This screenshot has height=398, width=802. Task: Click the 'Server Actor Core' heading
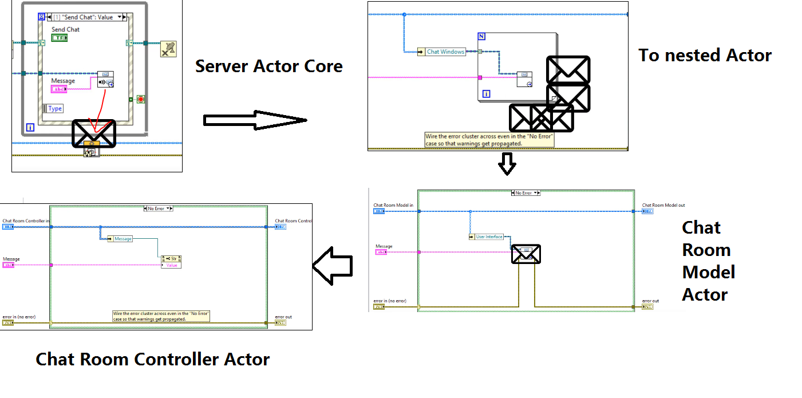268,66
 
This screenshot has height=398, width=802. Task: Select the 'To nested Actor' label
705,55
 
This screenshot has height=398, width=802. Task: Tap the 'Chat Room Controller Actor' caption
152,359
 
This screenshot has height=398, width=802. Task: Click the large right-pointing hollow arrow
255,120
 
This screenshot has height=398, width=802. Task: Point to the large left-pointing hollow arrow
332,265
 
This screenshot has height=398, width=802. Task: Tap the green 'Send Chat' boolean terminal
59,38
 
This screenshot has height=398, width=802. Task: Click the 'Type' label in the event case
55,108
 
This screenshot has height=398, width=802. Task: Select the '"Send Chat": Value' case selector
86,17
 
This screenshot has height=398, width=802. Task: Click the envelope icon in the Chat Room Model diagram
526,254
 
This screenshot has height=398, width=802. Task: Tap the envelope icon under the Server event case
94,133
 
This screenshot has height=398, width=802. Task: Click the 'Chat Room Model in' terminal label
393,205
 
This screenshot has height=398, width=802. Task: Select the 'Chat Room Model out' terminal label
663,205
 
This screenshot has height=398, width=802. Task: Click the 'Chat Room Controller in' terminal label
26,220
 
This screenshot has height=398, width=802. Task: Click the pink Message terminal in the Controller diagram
9,265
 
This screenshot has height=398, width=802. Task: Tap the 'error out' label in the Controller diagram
283,317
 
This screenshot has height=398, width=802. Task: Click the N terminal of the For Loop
481,37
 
